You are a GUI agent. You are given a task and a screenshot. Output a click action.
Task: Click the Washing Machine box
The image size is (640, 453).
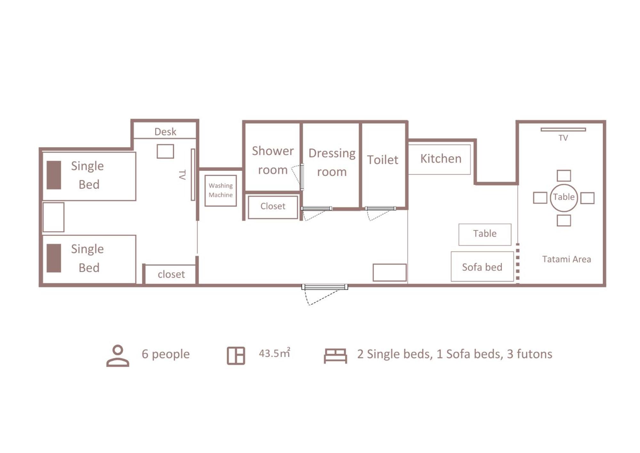point(221,191)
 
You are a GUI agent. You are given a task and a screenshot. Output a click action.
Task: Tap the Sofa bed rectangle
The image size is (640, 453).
point(482,267)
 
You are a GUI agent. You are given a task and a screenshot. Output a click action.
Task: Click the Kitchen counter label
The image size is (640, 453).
point(441,159)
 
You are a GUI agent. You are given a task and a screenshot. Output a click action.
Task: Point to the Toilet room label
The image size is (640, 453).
point(383,160)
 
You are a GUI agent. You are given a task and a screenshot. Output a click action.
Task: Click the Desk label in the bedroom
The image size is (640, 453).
point(165,132)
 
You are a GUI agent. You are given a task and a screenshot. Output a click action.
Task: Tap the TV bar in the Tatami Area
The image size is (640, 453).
point(563,129)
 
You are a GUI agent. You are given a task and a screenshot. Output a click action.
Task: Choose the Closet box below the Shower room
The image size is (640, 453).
point(273,207)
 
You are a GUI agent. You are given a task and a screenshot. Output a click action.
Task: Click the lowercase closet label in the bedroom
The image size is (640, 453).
point(171,274)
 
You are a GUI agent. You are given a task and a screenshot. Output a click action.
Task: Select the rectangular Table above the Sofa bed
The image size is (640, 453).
point(485,235)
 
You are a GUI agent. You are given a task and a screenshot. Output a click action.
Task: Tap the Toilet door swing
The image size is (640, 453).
point(380,213)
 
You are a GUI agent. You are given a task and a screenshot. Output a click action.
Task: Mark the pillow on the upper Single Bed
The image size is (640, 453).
point(54,175)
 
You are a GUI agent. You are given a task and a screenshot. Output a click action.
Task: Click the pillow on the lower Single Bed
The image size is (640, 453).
point(54,258)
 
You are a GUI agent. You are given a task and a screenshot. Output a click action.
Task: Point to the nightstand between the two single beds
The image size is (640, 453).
point(53,217)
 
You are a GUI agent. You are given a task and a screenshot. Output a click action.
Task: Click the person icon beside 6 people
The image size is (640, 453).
point(118,356)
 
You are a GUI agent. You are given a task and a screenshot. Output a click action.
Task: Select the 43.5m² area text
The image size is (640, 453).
point(274,353)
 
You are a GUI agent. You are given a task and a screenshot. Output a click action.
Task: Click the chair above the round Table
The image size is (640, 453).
point(563,176)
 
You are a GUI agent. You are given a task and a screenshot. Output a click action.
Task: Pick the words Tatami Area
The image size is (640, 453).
point(566,259)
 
